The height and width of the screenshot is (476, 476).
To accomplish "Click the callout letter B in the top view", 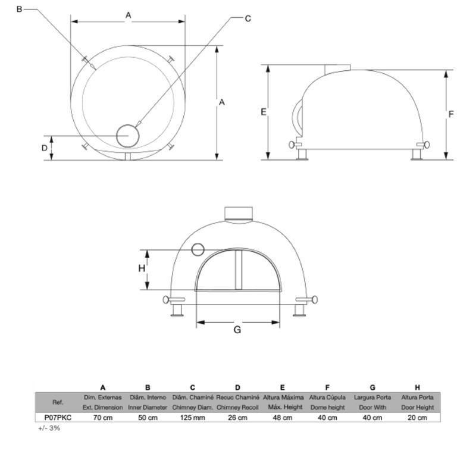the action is [x=19, y=10].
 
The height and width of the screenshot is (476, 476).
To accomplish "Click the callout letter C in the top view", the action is [x=248, y=18].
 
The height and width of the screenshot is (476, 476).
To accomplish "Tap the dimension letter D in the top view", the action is [x=44, y=148].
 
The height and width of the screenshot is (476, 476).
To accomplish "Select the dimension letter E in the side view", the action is [x=264, y=112].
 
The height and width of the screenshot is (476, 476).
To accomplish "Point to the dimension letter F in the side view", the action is [x=451, y=114].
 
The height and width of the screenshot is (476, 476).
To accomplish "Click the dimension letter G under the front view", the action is [x=237, y=330].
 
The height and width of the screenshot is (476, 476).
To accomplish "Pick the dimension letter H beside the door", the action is [x=142, y=268].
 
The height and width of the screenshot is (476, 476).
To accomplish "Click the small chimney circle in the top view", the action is [x=128, y=136].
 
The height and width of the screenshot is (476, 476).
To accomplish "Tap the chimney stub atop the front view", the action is [x=239, y=214].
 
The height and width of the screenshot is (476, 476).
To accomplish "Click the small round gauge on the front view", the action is [x=198, y=249].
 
